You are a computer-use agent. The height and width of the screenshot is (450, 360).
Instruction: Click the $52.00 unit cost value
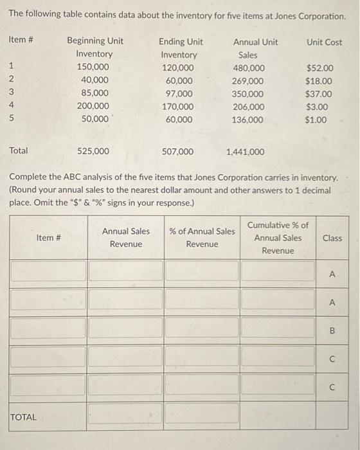tap(319, 67)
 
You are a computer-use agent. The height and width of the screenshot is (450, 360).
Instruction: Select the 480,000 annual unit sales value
tap(248, 67)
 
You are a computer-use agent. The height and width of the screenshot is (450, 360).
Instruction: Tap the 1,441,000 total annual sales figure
tap(245, 152)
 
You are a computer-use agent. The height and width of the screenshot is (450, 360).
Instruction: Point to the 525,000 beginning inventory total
tap(93, 152)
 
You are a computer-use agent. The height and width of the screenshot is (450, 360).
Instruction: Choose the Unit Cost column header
tap(324, 42)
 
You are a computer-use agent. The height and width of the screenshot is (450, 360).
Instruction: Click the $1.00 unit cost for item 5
tap(316, 120)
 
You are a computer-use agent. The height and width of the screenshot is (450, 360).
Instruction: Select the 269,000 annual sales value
tap(248, 81)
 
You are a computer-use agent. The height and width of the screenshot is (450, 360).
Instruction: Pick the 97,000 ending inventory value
tap(179, 94)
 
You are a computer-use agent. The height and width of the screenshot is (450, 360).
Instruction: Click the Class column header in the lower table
tap(332, 238)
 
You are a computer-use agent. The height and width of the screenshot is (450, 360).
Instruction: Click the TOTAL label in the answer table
tap(24, 417)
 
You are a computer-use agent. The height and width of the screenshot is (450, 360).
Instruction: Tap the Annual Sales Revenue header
tap(125, 238)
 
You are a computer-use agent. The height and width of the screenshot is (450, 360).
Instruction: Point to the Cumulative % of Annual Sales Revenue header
tap(278, 238)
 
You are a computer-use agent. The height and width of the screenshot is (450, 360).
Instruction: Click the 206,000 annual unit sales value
tap(248, 107)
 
